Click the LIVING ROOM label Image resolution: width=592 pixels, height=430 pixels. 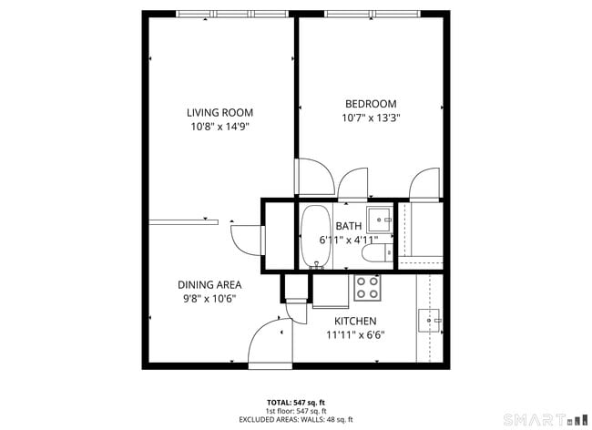219,113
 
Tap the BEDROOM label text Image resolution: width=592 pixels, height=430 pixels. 371,103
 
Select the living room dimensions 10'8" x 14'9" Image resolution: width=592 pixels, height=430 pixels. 219,128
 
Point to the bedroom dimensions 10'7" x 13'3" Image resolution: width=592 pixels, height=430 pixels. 371,118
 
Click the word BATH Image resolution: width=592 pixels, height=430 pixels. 348,226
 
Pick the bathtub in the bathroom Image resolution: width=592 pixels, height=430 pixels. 315,236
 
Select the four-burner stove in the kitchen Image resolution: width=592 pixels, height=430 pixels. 367,288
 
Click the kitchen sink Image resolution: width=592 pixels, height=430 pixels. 429,319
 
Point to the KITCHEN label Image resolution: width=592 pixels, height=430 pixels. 355,321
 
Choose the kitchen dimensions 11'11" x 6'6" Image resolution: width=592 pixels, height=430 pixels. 355,335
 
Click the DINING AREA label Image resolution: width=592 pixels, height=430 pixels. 209,284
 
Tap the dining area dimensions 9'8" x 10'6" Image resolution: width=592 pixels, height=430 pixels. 209,299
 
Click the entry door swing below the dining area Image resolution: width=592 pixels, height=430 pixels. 267,344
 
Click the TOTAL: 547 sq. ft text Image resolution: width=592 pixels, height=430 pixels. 295,402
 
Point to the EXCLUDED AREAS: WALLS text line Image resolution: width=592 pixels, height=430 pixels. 295,418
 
